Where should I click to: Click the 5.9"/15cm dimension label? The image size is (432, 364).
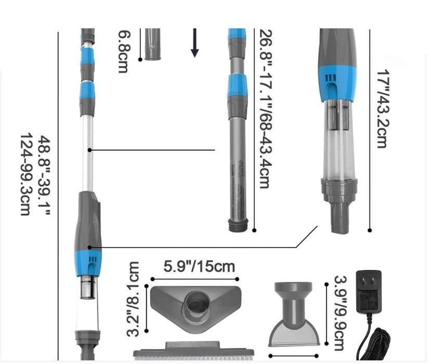199,267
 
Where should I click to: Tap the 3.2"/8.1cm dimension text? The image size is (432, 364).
134,298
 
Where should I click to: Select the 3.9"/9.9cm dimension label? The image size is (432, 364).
338,313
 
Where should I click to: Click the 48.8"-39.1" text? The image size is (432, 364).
43,176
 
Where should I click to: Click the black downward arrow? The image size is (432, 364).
194,43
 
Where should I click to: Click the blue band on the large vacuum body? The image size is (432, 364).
337,83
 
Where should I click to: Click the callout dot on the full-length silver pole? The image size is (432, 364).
90,150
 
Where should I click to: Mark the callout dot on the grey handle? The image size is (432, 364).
90,247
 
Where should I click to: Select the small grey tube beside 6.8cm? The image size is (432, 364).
153,44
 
